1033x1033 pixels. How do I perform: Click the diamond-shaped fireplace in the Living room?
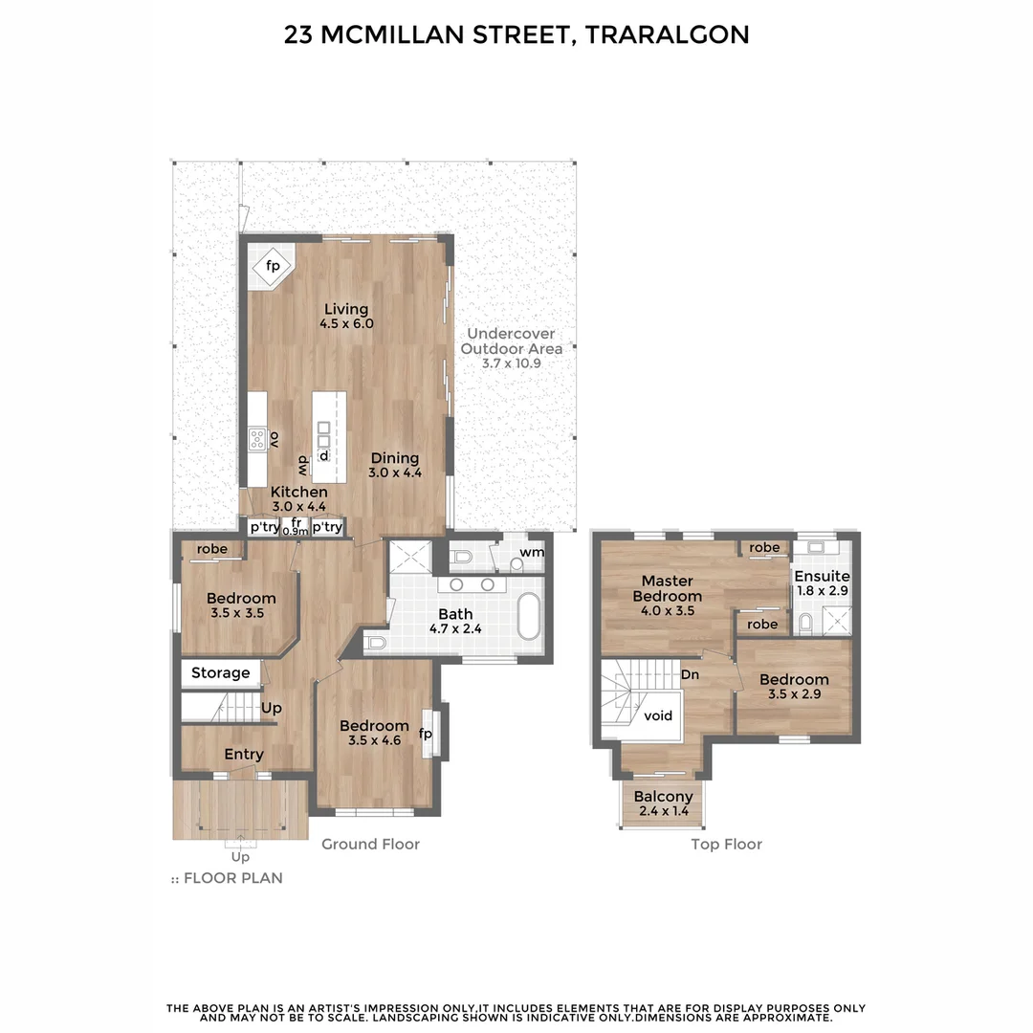pyautogui.click(x=272, y=265)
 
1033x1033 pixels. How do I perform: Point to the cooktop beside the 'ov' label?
pyautogui.click(x=257, y=439)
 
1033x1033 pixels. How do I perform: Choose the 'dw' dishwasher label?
pyautogui.click(x=301, y=466)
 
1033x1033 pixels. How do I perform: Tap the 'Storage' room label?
pyautogui.click(x=220, y=673)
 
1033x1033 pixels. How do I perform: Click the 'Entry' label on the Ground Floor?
pyautogui.click(x=244, y=755)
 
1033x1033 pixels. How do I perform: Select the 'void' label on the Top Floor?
pyautogui.click(x=658, y=715)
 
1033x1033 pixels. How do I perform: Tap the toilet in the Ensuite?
pyautogui.click(x=804, y=624)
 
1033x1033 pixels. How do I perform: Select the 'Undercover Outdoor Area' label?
pyautogui.click(x=511, y=341)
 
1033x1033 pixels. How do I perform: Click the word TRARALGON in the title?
pyautogui.click(x=667, y=35)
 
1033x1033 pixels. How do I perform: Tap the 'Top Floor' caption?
pyautogui.click(x=726, y=845)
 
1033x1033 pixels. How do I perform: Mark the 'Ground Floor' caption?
pyautogui.click(x=370, y=845)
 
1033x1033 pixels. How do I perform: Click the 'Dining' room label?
pyautogui.click(x=395, y=457)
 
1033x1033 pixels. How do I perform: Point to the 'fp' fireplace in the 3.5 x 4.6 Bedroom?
pyautogui.click(x=427, y=735)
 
